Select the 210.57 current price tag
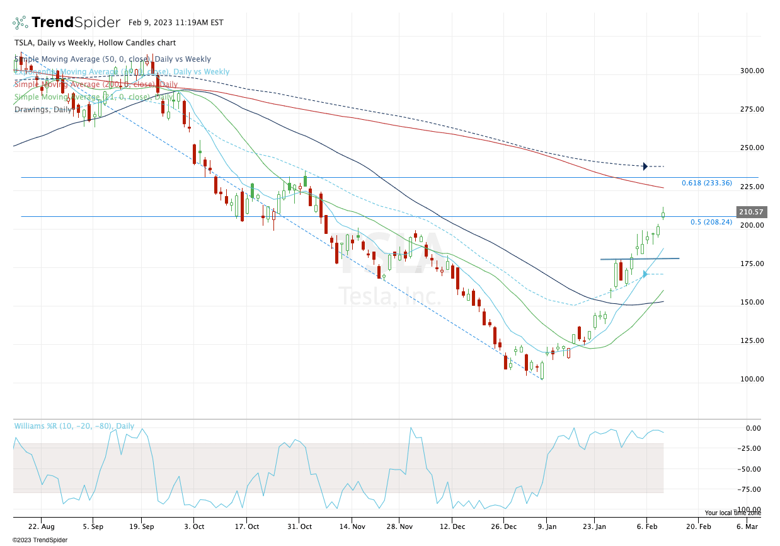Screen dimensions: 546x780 tap(750, 212)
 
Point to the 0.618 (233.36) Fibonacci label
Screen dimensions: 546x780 tap(706, 183)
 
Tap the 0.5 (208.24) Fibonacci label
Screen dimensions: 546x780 tap(711, 222)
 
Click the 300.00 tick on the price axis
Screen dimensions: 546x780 tap(751, 71)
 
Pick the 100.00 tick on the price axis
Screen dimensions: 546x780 tap(751, 379)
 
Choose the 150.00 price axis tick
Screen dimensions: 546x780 tap(751, 302)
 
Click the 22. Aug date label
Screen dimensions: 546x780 tap(41, 526)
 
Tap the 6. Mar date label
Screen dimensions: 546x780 tap(747, 526)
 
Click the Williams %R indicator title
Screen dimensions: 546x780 tap(74, 426)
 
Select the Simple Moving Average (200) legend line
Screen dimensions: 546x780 tap(96, 84)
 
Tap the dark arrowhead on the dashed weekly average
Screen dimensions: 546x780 tap(645, 166)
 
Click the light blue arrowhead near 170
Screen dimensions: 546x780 tap(645, 274)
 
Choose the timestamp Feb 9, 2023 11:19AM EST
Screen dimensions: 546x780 tap(176, 23)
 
